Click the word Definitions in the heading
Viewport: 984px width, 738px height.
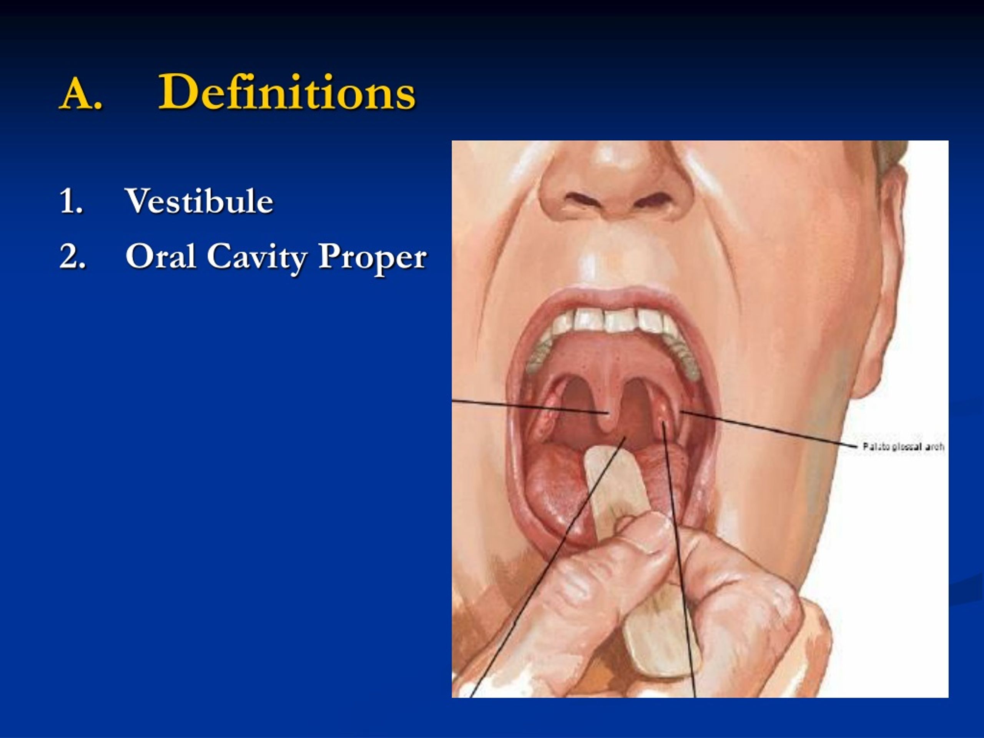[287, 92]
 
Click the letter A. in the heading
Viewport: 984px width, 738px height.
[81, 93]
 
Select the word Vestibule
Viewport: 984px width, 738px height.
[199, 201]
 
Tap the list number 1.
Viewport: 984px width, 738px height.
[71, 201]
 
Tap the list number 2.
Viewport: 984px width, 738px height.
[72, 257]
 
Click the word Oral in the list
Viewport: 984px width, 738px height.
[161, 257]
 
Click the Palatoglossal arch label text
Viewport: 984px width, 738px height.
[903, 447]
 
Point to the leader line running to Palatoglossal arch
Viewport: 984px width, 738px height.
[770, 429]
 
